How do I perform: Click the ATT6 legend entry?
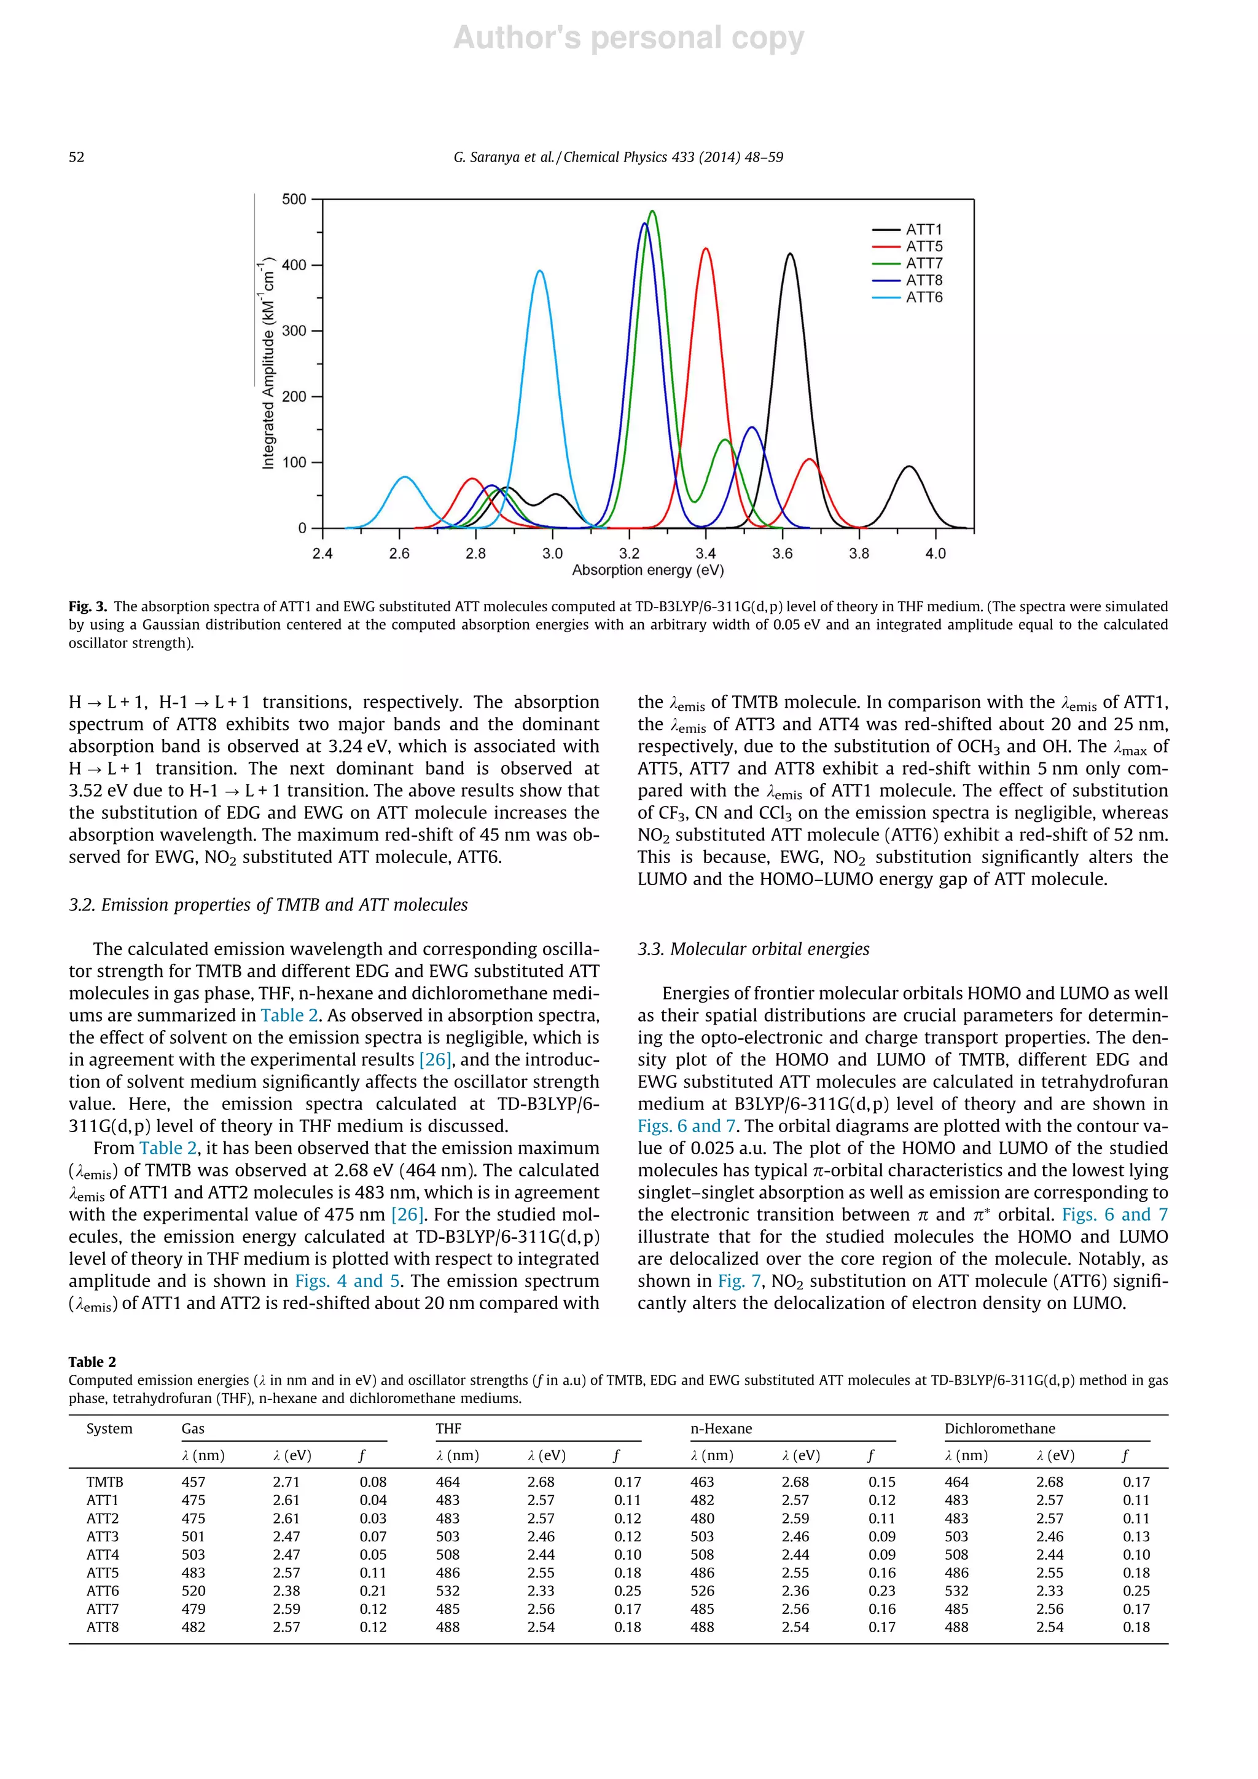click(x=923, y=297)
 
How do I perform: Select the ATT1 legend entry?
click(x=923, y=229)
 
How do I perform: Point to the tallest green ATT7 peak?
click(x=652, y=211)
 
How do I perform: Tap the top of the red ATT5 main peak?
click(x=705, y=249)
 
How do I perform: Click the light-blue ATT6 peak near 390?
click(x=539, y=271)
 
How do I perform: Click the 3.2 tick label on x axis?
click(x=629, y=553)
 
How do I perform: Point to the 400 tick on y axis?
click(x=294, y=265)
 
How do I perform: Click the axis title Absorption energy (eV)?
click(x=647, y=570)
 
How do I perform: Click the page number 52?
click(x=77, y=157)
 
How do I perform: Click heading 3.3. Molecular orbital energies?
click(x=753, y=949)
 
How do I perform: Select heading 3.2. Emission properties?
click(x=268, y=905)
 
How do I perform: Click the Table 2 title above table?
click(x=92, y=1361)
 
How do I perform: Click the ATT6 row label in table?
click(x=103, y=1590)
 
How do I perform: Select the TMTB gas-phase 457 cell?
click(x=193, y=1482)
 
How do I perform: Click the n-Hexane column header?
click(x=721, y=1429)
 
